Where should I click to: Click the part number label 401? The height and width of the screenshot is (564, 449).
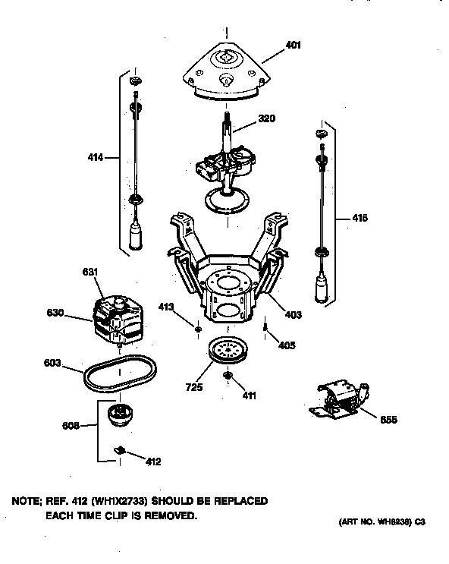coord(294,46)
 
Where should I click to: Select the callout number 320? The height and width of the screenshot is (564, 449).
coord(266,118)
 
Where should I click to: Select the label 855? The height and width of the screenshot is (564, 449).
coord(388,420)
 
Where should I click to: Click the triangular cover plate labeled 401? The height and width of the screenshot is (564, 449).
coord(226,72)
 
